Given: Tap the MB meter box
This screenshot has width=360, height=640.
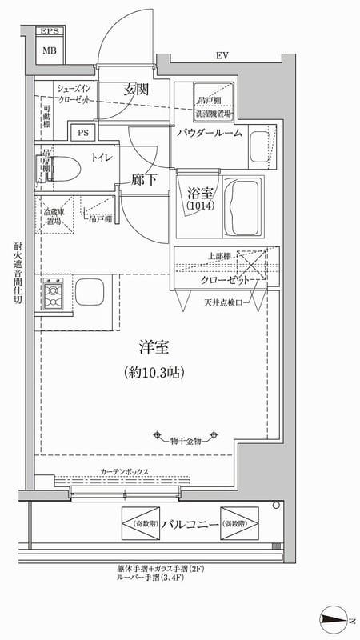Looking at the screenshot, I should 50,50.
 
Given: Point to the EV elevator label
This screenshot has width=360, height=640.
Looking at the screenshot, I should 222,56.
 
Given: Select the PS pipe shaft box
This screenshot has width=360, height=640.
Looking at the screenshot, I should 82,133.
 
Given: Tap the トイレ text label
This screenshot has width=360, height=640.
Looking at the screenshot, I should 102,158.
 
